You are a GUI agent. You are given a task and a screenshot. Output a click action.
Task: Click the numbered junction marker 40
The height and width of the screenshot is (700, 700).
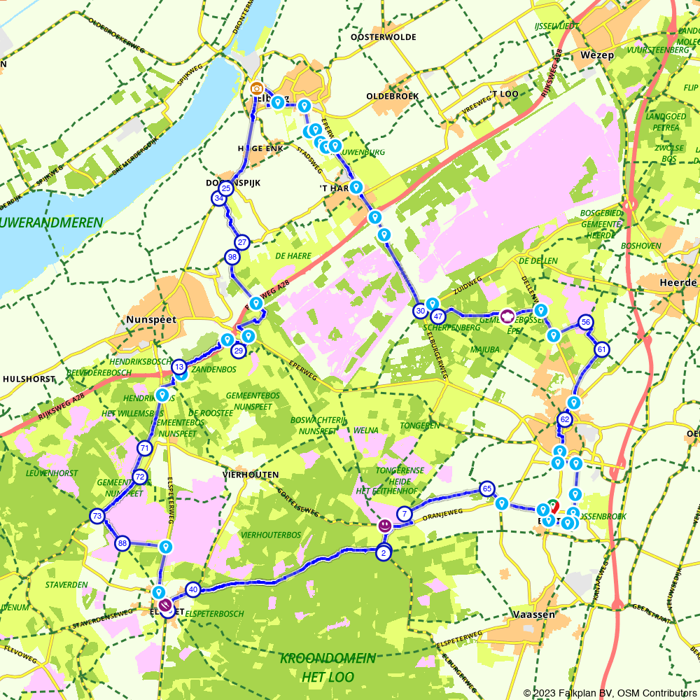(x=193, y=589)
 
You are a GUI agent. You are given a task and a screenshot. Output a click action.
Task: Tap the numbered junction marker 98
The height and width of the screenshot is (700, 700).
(x=233, y=257)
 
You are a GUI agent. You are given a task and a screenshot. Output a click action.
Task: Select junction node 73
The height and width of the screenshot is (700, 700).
(x=97, y=517)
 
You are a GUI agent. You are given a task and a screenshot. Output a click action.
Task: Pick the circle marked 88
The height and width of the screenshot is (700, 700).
(x=122, y=543)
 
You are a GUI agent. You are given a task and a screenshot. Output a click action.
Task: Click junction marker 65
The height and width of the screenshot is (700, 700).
(x=487, y=488)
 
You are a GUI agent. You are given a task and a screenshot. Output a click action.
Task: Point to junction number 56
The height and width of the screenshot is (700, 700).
(x=586, y=322)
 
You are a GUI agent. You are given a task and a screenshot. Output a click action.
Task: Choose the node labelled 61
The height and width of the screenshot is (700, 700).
(x=601, y=349)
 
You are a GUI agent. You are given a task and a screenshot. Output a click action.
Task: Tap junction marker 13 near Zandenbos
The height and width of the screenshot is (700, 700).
(x=179, y=367)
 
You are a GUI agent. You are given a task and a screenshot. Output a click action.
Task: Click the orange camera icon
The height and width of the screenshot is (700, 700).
(x=257, y=89)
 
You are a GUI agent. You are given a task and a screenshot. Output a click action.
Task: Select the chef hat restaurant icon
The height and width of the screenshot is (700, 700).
(x=507, y=316)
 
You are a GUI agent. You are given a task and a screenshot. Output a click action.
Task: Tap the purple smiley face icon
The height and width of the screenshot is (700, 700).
(x=384, y=525)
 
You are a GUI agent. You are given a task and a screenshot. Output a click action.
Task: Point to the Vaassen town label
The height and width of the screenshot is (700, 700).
(x=533, y=614)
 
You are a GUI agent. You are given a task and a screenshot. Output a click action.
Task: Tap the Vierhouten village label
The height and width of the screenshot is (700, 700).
(x=246, y=474)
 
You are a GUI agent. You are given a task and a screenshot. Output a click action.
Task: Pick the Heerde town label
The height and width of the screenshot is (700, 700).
(x=678, y=282)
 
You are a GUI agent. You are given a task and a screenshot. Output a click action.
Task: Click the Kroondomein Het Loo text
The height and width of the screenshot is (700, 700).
(x=328, y=668)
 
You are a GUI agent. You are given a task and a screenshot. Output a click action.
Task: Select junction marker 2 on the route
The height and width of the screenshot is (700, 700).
(x=383, y=552)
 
